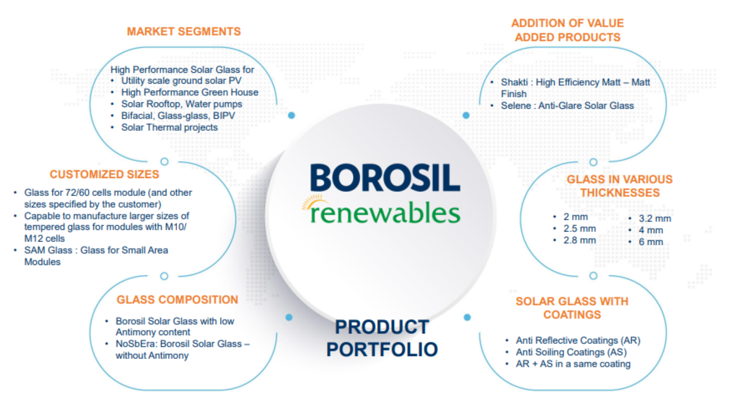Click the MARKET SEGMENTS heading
coord(184,32)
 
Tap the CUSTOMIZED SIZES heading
coord(104,174)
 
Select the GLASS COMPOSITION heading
coord(177,300)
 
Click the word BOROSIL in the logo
coord(385,178)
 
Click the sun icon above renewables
coord(313,202)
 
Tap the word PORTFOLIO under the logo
coord(382,349)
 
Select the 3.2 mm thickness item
coord(654,219)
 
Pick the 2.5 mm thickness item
coord(579,229)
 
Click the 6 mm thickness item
coord(651,242)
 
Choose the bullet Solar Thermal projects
coord(169,127)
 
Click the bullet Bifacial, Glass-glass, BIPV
coord(178,116)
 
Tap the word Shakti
coord(514,82)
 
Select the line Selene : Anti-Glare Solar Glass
coord(567,106)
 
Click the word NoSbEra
coord(135,344)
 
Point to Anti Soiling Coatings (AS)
coord(571,352)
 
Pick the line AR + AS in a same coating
coord(573,364)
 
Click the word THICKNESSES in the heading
coord(620,193)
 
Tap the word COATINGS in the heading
coord(572,315)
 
